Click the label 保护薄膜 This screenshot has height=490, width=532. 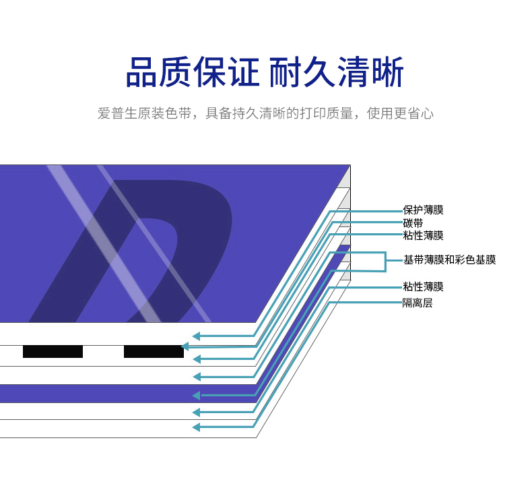(x=423, y=210)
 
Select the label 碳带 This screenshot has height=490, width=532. (x=413, y=223)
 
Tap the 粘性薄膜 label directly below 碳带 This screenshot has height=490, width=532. (x=423, y=235)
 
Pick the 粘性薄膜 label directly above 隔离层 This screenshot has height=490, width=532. (x=423, y=286)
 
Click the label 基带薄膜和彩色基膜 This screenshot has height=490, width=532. (x=450, y=259)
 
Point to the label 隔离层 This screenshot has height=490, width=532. (x=418, y=303)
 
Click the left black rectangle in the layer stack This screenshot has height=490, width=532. (x=53, y=351)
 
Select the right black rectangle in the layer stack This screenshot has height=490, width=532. (x=154, y=351)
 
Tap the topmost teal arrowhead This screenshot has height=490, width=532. (x=196, y=336)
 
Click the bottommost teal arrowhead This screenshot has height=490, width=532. (x=196, y=427)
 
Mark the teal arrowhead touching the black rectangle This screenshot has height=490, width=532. (x=185, y=346)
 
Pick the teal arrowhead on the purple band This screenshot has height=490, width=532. (x=196, y=395)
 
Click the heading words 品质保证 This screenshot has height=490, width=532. (x=193, y=72)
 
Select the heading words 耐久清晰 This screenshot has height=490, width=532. (x=336, y=72)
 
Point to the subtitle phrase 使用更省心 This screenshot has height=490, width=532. (x=400, y=113)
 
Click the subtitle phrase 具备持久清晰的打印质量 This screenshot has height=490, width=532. (x=279, y=113)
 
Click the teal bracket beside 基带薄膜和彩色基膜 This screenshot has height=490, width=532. (x=385, y=262)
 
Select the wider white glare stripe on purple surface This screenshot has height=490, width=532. (x=104, y=243)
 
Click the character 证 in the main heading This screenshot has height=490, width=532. (x=243, y=72)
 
